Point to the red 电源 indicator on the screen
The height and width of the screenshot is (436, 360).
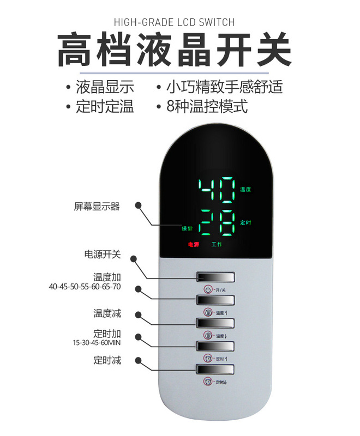coord(194,245)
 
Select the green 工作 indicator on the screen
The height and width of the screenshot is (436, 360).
coord(217,245)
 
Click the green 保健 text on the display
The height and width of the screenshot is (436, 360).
coord(187,228)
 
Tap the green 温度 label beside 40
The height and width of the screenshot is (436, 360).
coord(245,190)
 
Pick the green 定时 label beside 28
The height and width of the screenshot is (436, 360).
coord(245,222)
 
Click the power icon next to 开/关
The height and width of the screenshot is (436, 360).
coord(208,289)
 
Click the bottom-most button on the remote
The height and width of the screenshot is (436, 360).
coord(216,370)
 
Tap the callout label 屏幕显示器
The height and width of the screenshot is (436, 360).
coord(97,207)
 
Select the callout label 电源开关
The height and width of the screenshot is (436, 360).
coord(102,254)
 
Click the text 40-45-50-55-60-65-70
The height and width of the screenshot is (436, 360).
coord(85,287)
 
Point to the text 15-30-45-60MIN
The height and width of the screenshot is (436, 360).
coord(96,343)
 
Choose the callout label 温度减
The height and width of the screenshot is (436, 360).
coord(107,313)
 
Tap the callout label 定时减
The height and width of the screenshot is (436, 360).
coord(107,360)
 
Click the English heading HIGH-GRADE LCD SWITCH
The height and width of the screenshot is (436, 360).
coord(174,22)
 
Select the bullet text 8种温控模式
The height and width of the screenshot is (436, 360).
coord(207,106)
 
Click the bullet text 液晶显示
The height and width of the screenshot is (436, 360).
coord(105,87)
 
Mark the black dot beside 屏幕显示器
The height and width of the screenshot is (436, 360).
coord(139,207)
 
